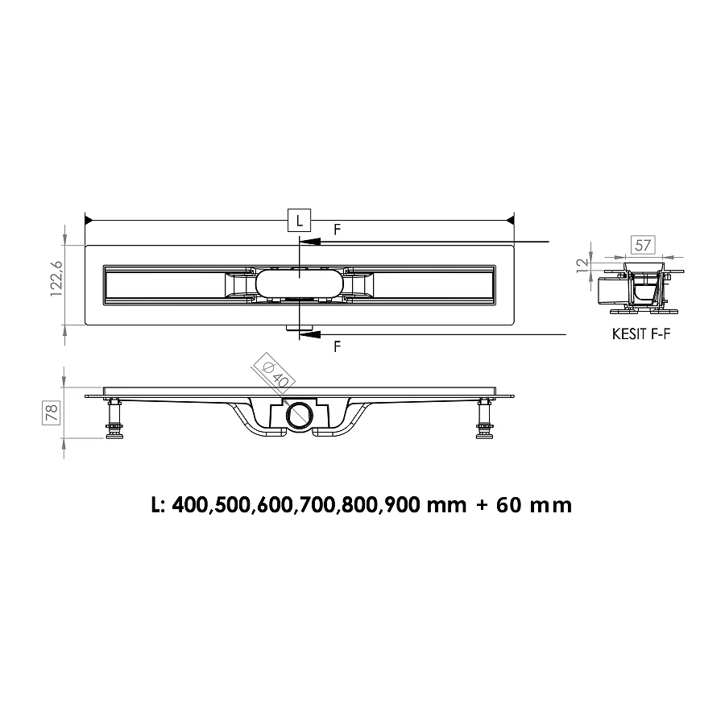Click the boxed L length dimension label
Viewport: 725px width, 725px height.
tap(299, 220)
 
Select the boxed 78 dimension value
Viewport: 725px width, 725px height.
tap(50, 413)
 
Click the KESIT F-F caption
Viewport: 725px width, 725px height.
tap(640, 334)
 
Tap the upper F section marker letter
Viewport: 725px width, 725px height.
tap(337, 229)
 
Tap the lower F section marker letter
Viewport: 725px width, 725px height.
tap(337, 346)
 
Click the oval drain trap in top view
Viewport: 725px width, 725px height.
tap(299, 284)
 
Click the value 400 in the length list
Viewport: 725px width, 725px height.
tap(190, 505)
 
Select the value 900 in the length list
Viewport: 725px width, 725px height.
tap(403, 505)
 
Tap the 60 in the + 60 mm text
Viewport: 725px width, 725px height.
tap(511, 505)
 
